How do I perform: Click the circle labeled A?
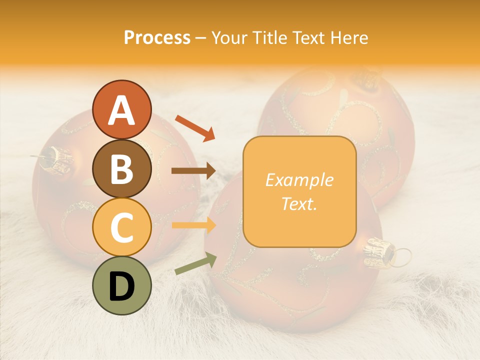121,109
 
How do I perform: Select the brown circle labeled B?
121,168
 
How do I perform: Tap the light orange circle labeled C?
121,227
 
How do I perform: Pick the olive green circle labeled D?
121,285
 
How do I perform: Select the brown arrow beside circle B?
193,171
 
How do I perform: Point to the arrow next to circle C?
193,225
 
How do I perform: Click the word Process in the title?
157,38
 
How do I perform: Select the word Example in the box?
299,180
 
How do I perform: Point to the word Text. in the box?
299,203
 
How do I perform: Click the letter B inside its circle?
121,169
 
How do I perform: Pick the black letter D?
121,286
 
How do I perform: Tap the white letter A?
121,110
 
